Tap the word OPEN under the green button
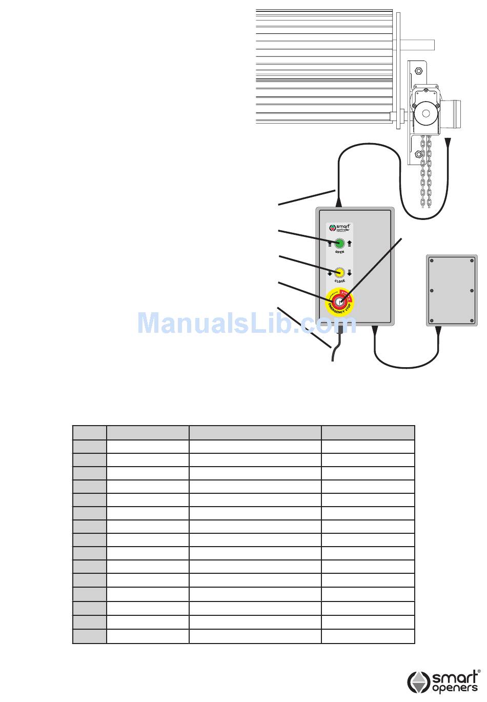click(x=339, y=252)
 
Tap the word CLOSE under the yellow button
click(x=339, y=281)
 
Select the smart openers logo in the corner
click(x=444, y=681)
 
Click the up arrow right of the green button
click(x=350, y=244)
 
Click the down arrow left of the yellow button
click(x=330, y=273)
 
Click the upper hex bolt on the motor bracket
click(x=419, y=70)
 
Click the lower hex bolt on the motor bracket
click(x=419, y=154)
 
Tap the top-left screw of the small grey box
click(x=432, y=261)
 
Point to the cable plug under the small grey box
click(x=437, y=331)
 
